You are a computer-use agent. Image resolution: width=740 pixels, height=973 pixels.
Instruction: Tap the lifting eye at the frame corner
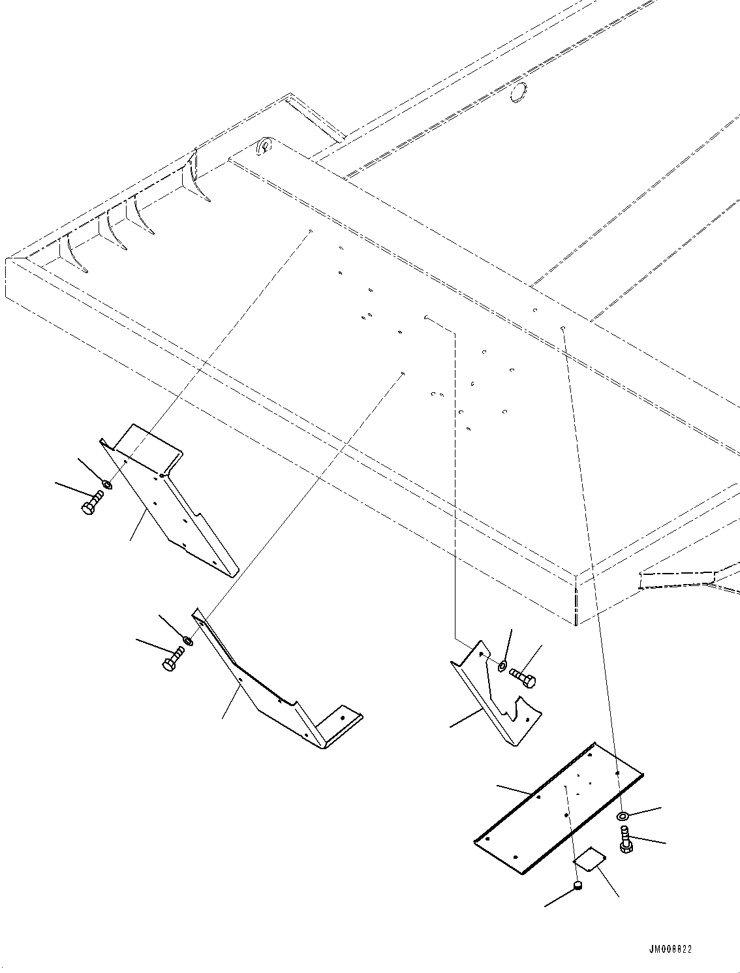tap(265, 146)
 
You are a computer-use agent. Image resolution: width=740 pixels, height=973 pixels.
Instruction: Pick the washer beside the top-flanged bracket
tap(108, 484)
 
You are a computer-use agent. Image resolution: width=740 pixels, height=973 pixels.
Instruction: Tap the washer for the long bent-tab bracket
tap(188, 641)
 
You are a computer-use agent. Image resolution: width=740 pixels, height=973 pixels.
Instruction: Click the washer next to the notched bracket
tap(502, 666)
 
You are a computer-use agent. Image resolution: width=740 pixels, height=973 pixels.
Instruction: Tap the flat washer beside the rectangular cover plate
tap(622, 816)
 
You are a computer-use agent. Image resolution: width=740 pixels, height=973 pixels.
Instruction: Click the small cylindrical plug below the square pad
tap(577, 886)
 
